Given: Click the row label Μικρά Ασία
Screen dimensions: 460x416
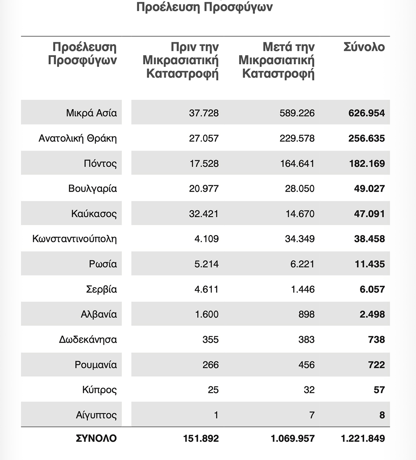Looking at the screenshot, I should click(x=92, y=113).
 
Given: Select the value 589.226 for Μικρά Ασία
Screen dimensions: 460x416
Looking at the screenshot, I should click(x=297, y=113).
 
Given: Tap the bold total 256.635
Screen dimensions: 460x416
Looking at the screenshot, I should click(x=366, y=138).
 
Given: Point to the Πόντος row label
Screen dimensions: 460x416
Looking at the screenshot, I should click(x=100, y=164).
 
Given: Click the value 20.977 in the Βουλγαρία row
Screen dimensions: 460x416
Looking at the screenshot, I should click(x=203, y=189).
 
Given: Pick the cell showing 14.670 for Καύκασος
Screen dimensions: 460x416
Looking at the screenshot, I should click(x=300, y=214).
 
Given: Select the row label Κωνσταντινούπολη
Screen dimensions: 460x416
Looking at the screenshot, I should click(x=75, y=239).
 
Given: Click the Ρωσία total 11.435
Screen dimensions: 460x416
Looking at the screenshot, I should click(x=369, y=264).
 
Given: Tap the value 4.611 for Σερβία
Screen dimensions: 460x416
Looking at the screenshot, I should click(x=206, y=290).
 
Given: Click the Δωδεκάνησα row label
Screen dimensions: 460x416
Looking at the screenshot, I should click(x=88, y=339).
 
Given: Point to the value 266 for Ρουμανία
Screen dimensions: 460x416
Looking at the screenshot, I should click(x=210, y=365).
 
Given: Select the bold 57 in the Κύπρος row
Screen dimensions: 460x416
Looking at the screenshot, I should click(x=379, y=390).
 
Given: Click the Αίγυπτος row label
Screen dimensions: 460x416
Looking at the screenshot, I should click(x=96, y=415).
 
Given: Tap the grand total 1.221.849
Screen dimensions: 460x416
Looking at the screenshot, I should click(x=363, y=438).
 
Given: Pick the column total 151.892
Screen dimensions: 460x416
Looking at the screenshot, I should click(x=201, y=438).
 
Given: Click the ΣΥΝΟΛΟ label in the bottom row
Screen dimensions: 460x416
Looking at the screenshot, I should click(x=96, y=438).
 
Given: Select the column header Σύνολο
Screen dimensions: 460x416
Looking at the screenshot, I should click(x=364, y=47).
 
